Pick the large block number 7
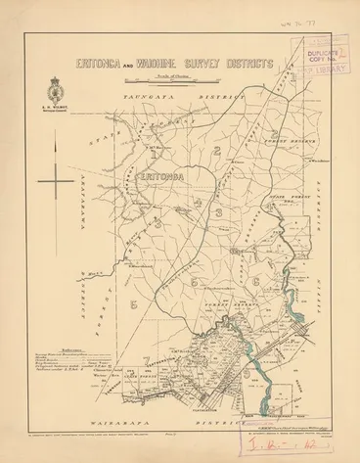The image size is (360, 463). pyautogui.click(x=144, y=359)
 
